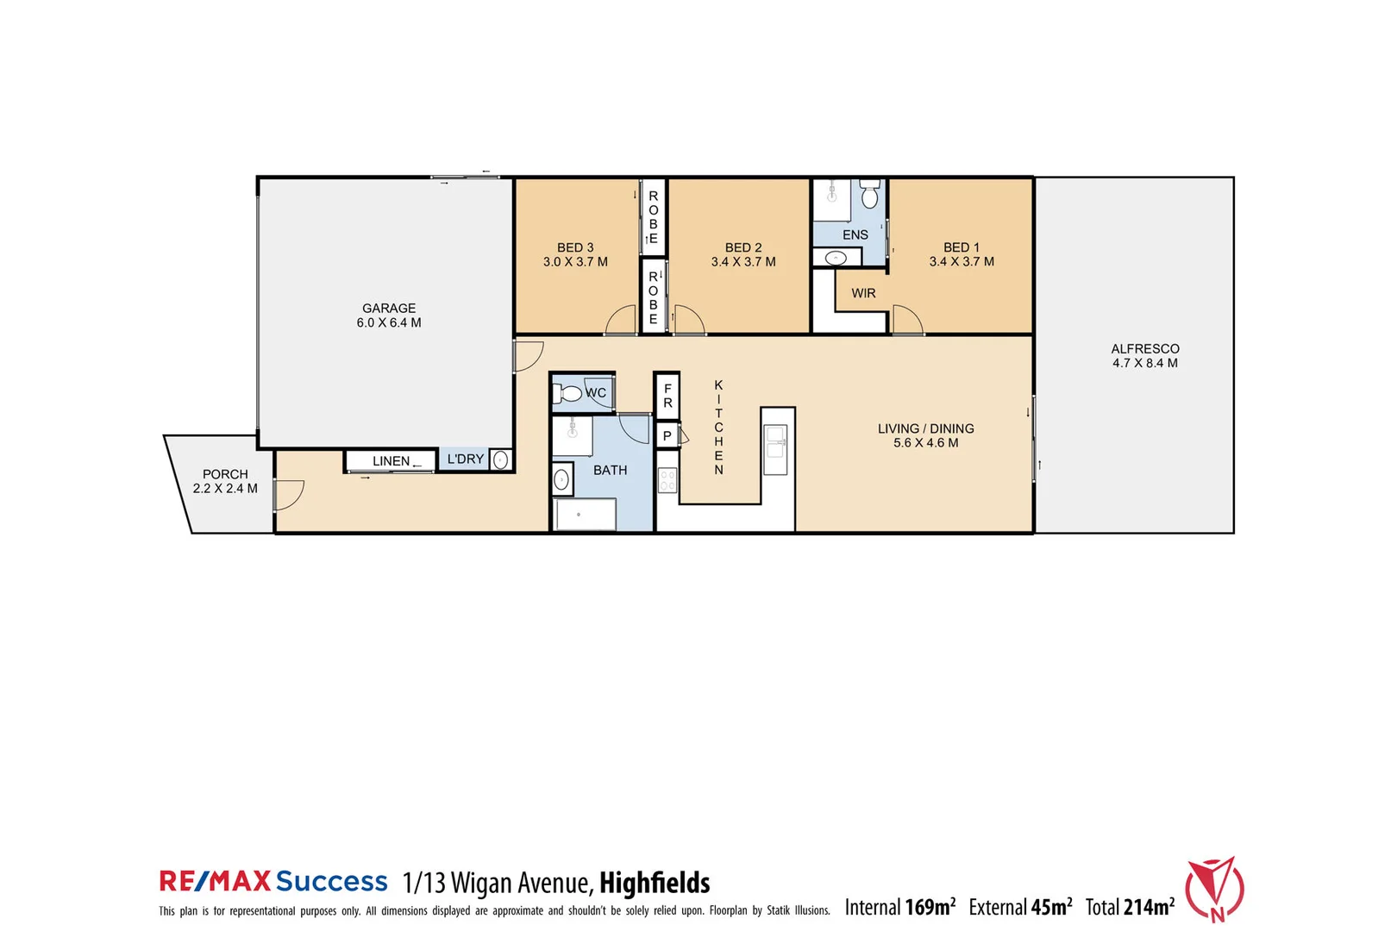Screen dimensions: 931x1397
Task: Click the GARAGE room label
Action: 389,308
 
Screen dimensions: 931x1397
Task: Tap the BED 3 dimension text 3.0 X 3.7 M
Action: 575,262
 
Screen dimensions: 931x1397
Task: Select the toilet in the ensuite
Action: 869,196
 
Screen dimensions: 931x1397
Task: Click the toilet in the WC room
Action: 570,394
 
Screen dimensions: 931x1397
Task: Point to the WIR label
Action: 863,293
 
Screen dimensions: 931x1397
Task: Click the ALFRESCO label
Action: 1144,348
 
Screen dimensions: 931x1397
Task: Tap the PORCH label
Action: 225,474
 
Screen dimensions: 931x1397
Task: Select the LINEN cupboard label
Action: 391,461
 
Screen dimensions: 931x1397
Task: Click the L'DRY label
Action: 465,459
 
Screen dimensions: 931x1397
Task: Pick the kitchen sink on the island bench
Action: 775,442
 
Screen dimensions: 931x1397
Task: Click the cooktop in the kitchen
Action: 667,480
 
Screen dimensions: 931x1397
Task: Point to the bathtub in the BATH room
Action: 585,515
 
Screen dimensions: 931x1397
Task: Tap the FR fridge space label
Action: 667,396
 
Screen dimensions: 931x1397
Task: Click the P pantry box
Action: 667,436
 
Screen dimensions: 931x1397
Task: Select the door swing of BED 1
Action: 907,320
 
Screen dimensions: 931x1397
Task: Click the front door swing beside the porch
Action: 289,494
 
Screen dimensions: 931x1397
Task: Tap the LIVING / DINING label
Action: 925,428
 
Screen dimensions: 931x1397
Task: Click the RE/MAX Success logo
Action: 273,881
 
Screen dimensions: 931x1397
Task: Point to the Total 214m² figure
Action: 1130,907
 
